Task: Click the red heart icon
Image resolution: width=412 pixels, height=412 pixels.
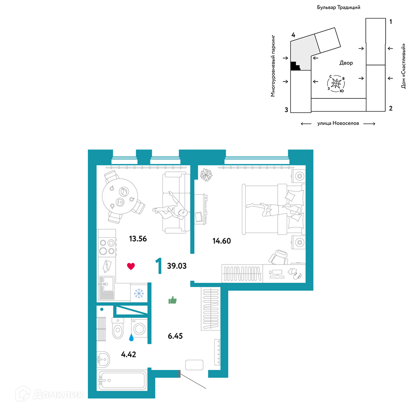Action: tap(131, 266)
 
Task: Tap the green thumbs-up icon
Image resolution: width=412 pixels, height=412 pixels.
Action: tap(173, 300)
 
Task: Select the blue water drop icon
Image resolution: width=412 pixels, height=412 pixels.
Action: tap(131, 337)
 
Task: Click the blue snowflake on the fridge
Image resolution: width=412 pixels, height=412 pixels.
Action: tap(139, 293)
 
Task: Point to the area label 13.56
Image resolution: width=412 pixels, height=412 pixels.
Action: tap(138, 239)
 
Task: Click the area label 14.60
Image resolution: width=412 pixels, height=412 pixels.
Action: tap(222, 241)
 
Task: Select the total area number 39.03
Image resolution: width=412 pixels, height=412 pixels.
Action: tap(177, 266)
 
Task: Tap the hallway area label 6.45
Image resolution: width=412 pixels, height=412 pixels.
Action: tap(175, 336)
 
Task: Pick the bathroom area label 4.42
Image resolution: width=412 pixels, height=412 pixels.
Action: tap(129, 354)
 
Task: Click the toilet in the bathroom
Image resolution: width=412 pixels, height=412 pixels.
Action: tap(118, 328)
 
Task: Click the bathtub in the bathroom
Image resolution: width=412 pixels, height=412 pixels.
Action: tap(122, 380)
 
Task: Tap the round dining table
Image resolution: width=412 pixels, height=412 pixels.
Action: tap(120, 196)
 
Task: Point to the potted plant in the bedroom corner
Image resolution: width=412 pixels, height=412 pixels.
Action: tap(206, 175)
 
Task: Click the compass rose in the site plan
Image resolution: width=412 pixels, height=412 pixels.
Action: tap(336, 84)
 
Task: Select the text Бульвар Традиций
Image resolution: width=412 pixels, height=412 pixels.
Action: tap(338, 7)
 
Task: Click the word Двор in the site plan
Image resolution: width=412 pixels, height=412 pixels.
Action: tap(346, 63)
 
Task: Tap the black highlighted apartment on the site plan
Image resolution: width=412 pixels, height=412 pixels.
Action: tap(295, 66)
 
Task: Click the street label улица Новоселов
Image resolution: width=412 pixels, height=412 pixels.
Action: tap(338, 123)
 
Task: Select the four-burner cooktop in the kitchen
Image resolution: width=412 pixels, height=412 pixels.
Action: tap(107, 247)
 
